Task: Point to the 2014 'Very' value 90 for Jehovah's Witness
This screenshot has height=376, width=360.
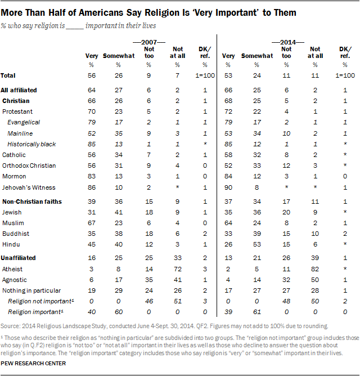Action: [229, 187]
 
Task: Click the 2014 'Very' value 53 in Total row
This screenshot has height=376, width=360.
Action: [229, 75]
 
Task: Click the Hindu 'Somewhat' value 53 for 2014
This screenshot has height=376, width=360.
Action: [256, 244]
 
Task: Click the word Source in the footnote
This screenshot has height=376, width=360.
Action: [11, 326]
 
